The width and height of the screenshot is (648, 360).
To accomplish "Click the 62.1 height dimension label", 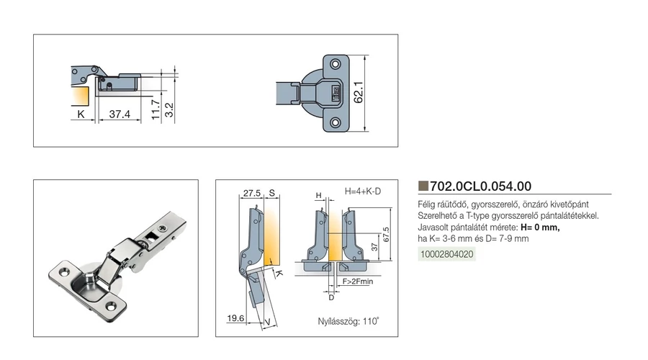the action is click(x=359, y=92).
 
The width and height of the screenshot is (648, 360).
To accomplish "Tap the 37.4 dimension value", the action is click(x=120, y=114).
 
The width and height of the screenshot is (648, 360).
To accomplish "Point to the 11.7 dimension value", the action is click(x=156, y=109).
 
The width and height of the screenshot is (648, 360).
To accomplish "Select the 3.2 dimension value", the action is click(x=169, y=109).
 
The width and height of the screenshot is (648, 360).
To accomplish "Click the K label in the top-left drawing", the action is click(x=81, y=114).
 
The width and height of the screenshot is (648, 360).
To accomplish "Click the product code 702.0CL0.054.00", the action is click(x=481, y=186).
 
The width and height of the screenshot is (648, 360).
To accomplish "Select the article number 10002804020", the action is click(x=446, y=254).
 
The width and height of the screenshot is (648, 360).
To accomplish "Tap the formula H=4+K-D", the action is click(x=363, y=192).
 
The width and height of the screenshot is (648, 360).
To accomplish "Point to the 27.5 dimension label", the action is click(x=252, y=193).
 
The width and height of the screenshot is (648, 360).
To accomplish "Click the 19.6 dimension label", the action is click(x=235, y=318).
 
